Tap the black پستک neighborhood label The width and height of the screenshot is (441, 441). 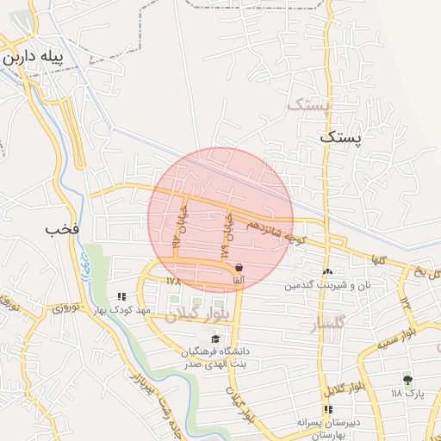coord(341,136)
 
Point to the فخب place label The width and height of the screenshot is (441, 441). coord(63,229)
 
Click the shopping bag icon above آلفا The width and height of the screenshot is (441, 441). coord(238,268)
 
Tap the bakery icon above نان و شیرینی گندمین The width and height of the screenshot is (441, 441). coord(327,271)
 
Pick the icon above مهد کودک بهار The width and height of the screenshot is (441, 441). coord(121,297)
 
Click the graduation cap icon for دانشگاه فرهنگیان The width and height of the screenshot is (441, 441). coord(214,339)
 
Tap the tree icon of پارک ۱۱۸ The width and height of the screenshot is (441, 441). coord(407,380)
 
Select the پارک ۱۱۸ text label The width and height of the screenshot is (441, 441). coord(408,394)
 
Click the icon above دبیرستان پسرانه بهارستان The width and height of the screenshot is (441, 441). coord(327,409)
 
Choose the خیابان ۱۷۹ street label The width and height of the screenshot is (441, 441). coord(227,237)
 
